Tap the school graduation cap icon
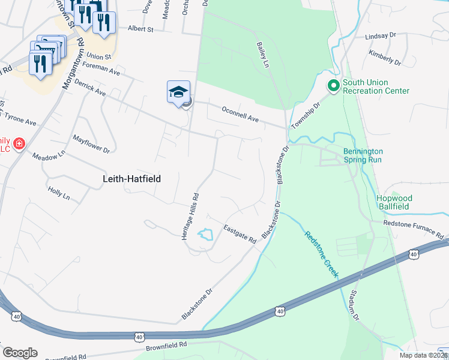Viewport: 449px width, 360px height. (x=178, y=92)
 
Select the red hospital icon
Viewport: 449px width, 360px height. (x=19, y=143)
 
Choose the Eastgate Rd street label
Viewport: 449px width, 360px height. (x=240, y=234)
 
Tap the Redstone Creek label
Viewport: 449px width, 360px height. (x=321, y=254)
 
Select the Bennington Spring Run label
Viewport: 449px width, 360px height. (x=363, y=156)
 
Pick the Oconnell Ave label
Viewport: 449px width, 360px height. (x=240, y=115)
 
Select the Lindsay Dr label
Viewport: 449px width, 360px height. (x=381, y=37)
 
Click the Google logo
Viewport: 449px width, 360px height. (x=20, y=352)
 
